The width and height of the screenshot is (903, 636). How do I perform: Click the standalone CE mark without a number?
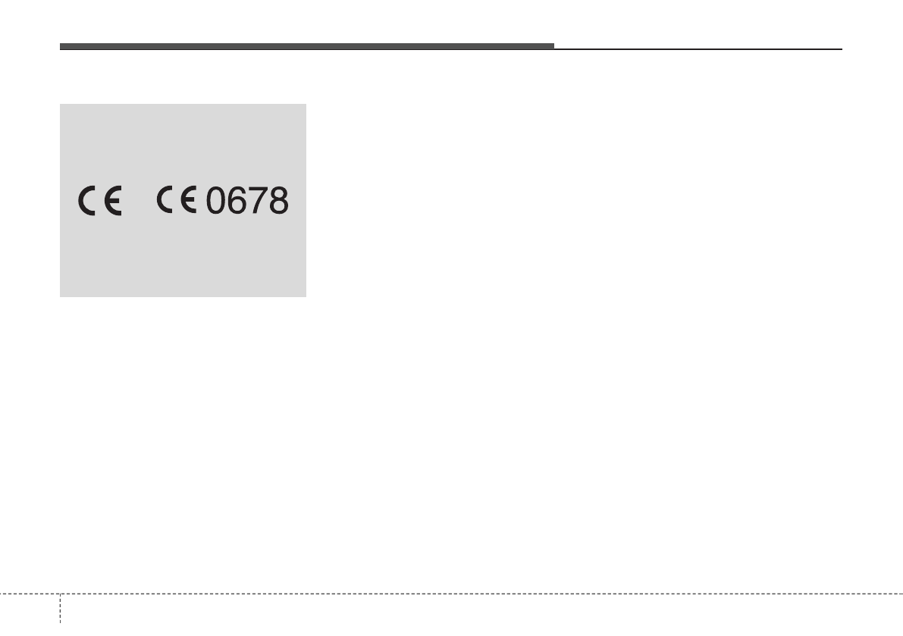click(x=99, y=202)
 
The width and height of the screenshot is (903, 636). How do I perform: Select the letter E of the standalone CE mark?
click(x=113, y=202)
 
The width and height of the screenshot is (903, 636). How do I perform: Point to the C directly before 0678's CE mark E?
click(x=166, y=200)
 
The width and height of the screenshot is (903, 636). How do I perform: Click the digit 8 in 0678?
click(x=278, y=200)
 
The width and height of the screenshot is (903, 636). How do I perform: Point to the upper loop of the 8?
click(x=278, y=193)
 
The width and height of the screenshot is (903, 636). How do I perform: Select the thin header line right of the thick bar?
click(x=698, y=49)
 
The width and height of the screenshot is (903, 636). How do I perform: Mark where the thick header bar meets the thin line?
click(x=554, y=49)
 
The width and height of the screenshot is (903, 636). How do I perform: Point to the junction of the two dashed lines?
click(x=60, y=594)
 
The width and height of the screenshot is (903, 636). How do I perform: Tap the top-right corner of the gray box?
click(x=306, y=105)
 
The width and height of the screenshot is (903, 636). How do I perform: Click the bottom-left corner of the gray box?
click(x=61, y=296)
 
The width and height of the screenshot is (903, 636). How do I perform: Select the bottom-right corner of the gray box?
click(x=306, y=296)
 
